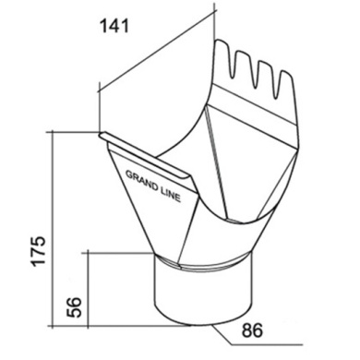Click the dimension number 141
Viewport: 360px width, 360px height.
(114, 26)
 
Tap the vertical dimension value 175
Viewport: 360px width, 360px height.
(39, 251)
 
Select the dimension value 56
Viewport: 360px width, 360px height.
(74, 307)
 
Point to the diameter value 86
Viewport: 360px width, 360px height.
(252, 330)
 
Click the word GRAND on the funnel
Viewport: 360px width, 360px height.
(141, 180)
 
